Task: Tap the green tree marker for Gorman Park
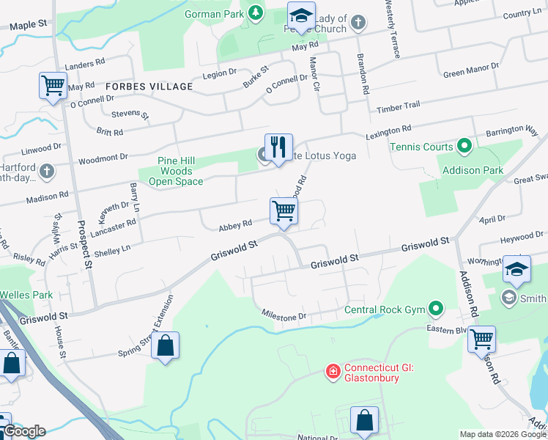[255, 12]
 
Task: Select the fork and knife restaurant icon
[278, 147]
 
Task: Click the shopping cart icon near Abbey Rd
[284, 211]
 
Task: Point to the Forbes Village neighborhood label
[149, 87]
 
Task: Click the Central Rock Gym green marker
[437, 309]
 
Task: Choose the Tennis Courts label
[421, 147]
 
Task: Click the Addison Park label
[473, 170]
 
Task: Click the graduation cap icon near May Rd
[300, 17]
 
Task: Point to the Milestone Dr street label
[293, 316]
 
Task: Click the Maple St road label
[28, 24]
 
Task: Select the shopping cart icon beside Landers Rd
[53, 85]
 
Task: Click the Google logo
[23, 431]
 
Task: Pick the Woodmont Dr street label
[103, 157]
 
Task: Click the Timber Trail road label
[398, 107]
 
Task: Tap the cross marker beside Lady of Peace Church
[358, 22]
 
